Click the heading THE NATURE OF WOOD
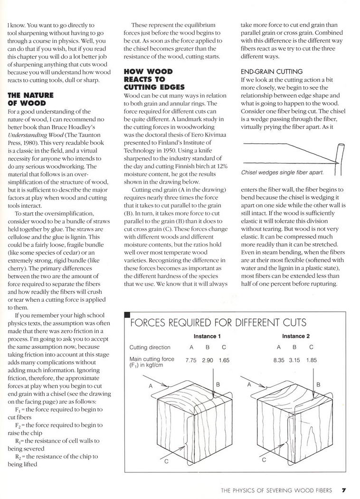click(31, 99)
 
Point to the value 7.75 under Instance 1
click(191, 361)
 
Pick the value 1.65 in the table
click(224, 361)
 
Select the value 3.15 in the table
click(295, 361)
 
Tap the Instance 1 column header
click(207, 336)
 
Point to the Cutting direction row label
click(150, 347)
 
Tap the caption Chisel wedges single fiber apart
click(283, 173)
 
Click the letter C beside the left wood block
click(166, 461)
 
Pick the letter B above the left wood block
click(218, 384)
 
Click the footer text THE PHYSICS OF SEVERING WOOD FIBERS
click(276, 490)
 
